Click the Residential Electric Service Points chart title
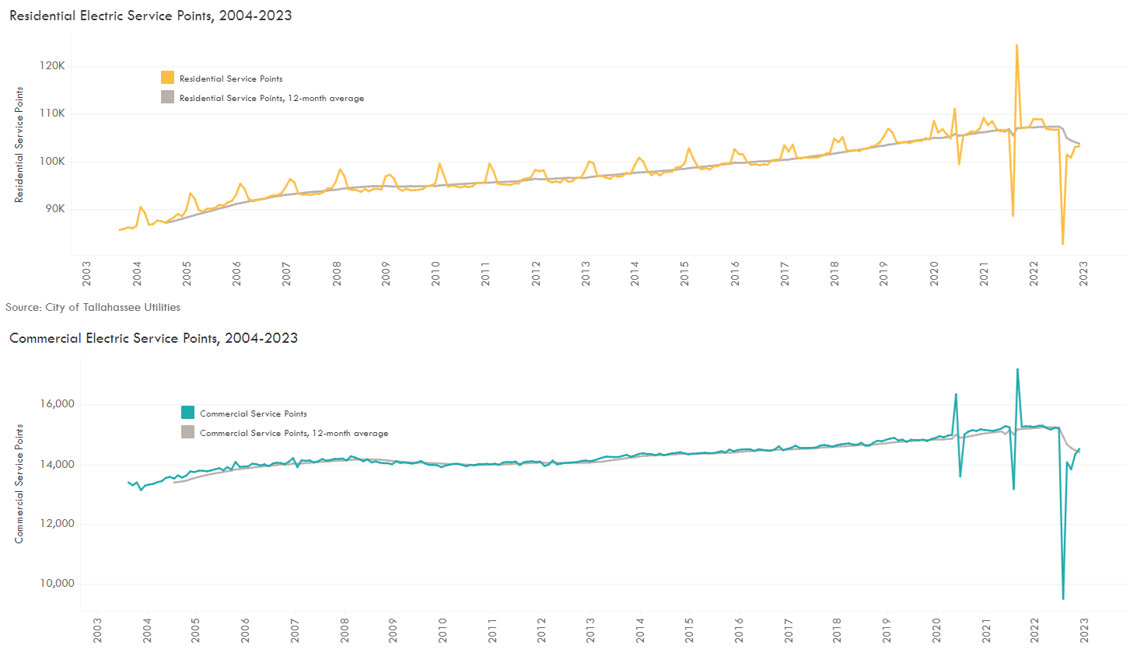pyautogui.click(x=150, y=15)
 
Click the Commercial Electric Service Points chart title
pyautogui.click(x=153, y=338)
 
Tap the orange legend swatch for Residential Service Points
pyautogui.click(x=168, y=78)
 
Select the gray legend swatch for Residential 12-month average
pyautogui.click(x=168, y=98)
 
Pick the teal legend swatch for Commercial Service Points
pyautogui.click(x=188, y=413)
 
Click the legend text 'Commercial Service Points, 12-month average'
pyautogui.click(x=294, y=433)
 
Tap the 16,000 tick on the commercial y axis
pyautogui.click(x=54, y=405)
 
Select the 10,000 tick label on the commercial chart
pyautogui.click(x=54, y=584)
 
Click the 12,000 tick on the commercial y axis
pyautogui.click(x=54, y=524)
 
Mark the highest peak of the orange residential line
pyautogui.click(x=1016, y=45)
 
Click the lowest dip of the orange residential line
pyautogui.click(x=1062, y=244)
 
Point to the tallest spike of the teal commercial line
pyautogui.click(x=1017, y=369)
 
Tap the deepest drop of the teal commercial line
pyautogui.click(x=1062, y=598)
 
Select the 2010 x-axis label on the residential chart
pyautogui.click(x=436, y=274)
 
